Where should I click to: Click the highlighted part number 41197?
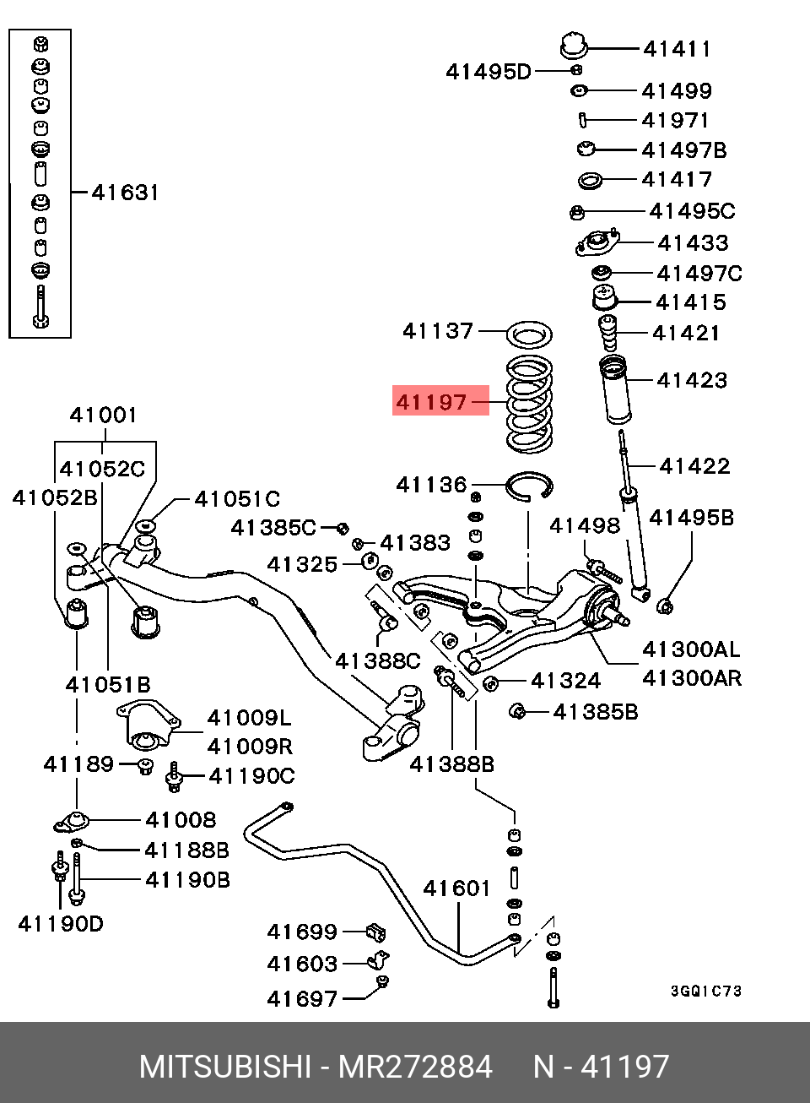pyautogui.click(x=431, y=402)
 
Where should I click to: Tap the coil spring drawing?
pyautogui.click(x=530, y=405)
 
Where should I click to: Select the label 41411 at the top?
pyautogui.click(x=677, y=49)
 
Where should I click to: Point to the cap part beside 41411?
pyautogui.click(x=574, y=46)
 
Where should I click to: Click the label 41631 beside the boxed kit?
pyautogui.click(x=126, y=192)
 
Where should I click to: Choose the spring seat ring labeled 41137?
pyautogui.click(x=530, y=334)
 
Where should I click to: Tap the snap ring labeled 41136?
pyautogui.click(x=530, y=486)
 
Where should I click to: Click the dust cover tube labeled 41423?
pyautogui.click(x=614, y=389)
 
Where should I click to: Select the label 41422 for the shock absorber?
pyautogui.click(x=694, y=466)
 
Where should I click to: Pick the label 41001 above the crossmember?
pyautogui.click(x=103, y=415)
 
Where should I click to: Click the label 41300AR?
pyautogui.click(x=692, y=678)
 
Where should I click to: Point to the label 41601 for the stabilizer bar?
pyautogui.click(x=456, y=888)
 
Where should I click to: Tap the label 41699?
pyautogui.click(x=302, y=932)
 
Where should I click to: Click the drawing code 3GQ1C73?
pyautogui.click(x=706, y=991)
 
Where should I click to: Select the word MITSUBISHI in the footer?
pyautogui.click(x=224, y=1067)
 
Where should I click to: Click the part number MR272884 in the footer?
pyautogui.click(x=415, y=1067)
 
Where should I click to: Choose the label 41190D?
pyautogui.click(x=61, y=924)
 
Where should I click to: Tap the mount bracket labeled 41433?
pyautogui.click(x=597, y=242)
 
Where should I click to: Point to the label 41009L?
pyautogui.click(x=250, y=719)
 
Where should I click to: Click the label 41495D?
pyautogui.click(x=489, y=72)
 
